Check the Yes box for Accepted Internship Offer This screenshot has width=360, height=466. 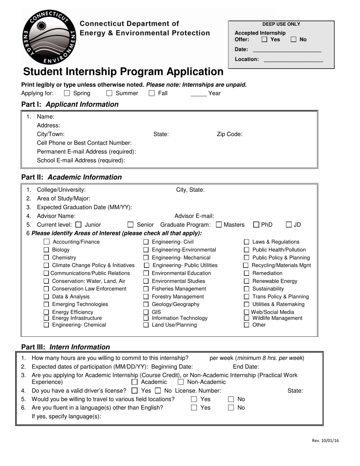tap(265, 39)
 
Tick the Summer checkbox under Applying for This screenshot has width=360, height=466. tap(110, 93)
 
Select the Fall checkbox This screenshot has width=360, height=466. tap(152, 93)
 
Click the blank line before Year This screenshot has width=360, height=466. tap(198, 94)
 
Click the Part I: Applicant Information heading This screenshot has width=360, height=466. tap(70, 104)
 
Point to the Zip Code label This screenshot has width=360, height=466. tap(229, 134)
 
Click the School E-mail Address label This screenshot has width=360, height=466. tap(81, 160)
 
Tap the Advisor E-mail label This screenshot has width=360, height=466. tap(194, 216)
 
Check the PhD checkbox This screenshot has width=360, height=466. tap(256, 225)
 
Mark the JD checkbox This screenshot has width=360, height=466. tap(289, 225)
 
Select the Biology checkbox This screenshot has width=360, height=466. tap(46, 250)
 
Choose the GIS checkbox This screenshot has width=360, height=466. tap(146, 312)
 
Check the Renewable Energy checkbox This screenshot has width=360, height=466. tap(246, 281)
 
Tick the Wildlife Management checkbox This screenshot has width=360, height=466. tap(246, 318)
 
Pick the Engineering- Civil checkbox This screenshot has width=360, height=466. tap(146, 242)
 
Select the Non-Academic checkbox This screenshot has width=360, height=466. tap(181, 382)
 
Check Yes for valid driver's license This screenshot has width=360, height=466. tap(135, 391)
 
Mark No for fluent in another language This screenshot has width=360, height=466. tap(231, 408)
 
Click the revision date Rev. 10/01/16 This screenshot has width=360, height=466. tap(325, 441)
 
